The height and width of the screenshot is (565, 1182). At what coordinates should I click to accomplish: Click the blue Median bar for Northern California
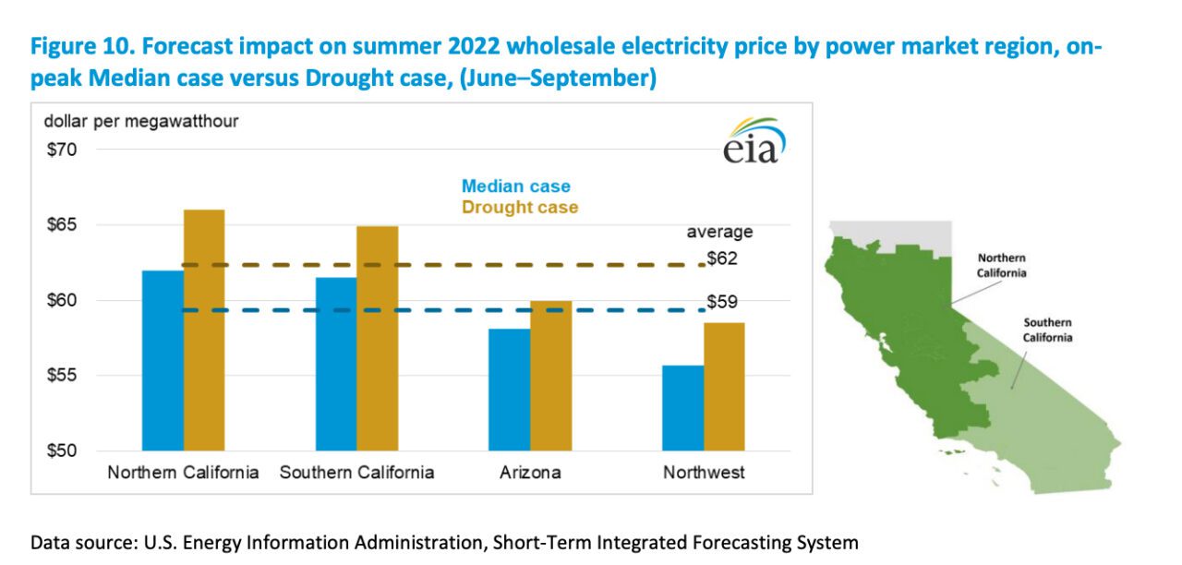[x=163, y=360]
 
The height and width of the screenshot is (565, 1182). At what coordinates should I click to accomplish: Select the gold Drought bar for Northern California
[x=204, y=331]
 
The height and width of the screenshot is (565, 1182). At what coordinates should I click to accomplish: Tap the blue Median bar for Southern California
[x=336, y=364]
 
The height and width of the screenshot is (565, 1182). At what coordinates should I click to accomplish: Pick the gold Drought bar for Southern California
[x=378, y=338]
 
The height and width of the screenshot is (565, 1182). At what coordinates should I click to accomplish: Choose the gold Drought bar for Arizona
[x=551, y=376]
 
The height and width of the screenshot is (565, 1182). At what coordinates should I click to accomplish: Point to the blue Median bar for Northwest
[x=683, y=408]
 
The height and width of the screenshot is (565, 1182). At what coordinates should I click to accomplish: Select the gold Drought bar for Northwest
[x=724, y=387]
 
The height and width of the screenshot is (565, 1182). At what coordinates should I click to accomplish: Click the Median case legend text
[x=516, y=186]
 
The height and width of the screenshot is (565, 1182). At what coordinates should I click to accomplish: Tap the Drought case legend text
[x=520, y=208]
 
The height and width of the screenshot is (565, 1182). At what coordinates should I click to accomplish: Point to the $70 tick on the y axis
[x=63, y=150]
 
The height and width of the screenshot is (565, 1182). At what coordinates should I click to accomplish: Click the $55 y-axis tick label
[x=63, y=376]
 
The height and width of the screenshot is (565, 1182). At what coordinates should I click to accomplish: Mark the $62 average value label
[x=722, y=258]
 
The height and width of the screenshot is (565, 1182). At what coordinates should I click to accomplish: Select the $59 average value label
[x=722, y=301]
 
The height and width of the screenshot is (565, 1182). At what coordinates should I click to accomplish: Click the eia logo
[x=754, y=141]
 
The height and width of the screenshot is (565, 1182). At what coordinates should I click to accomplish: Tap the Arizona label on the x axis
[x=530, y=473]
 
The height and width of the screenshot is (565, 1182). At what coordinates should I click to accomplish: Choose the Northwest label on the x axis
[x=704, y=473]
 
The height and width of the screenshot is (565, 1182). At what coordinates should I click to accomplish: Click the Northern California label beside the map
[x=1001, y=266]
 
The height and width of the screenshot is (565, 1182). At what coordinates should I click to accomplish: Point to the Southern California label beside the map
[x=1047, y=330]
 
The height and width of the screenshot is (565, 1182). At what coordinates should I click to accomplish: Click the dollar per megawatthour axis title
[x=142, y=121]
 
